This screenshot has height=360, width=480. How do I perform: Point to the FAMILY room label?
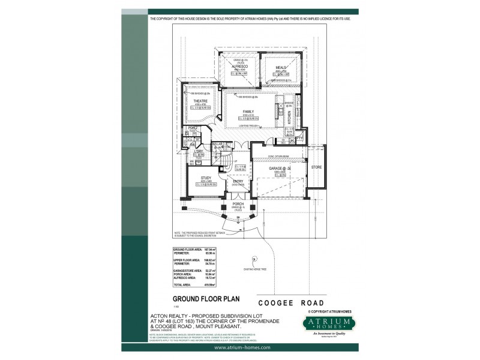(x=248, y=112)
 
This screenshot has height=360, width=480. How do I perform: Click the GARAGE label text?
(x=278, y=170)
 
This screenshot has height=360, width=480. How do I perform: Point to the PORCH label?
(x=238, y=204)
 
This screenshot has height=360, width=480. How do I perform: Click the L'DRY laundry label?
(x=198, y=152)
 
